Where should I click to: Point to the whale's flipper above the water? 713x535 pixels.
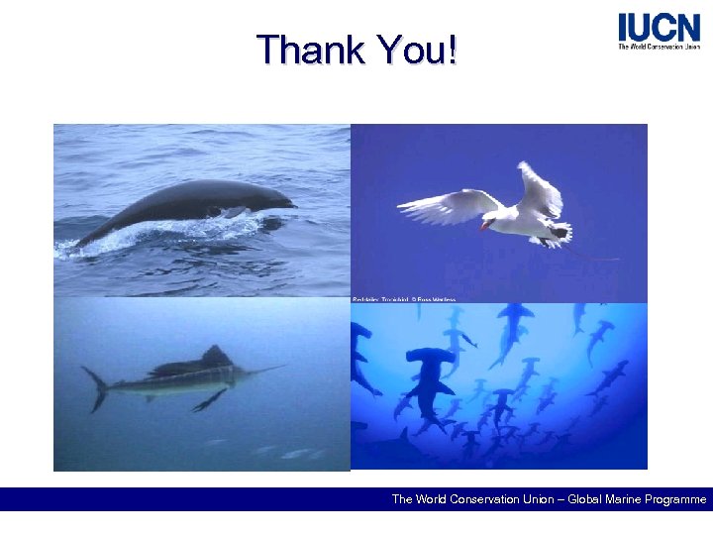pyautogui.click(x=235, y=211)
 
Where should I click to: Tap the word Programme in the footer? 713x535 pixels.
pyautogui.click(x=671, y=499)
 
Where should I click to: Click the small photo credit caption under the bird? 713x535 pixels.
pyautogui.click(x=404, y=298)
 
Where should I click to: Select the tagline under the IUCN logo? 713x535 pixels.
pyautogui.click(x=659, y=47)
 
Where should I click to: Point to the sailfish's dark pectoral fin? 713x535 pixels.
pyautogui.click(x=210, y=399)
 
